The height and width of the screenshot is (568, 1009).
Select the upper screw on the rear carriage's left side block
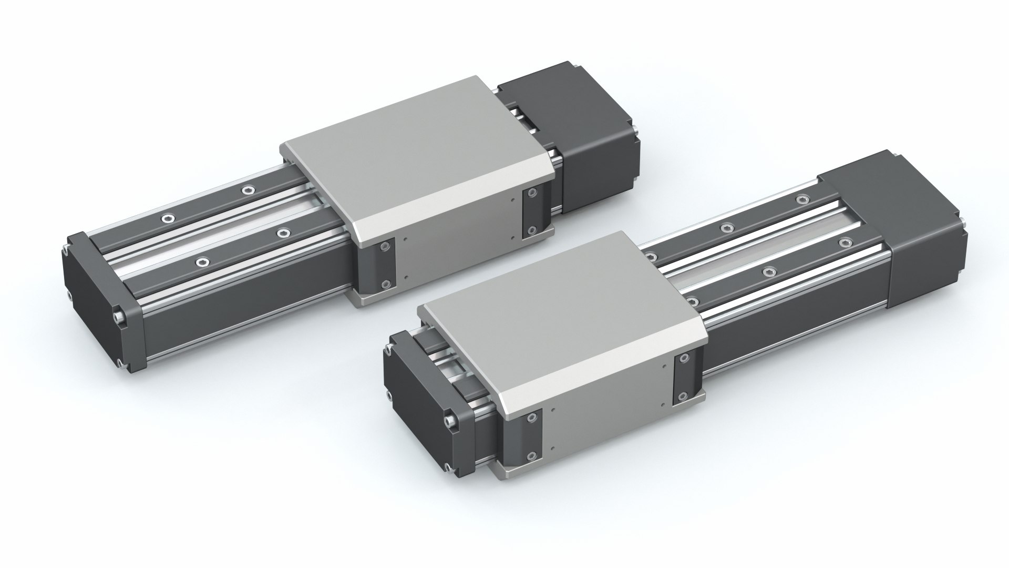coord(388,247)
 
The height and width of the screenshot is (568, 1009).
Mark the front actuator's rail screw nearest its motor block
coord(801,199)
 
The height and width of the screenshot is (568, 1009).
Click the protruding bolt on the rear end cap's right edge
coord(120,317)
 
